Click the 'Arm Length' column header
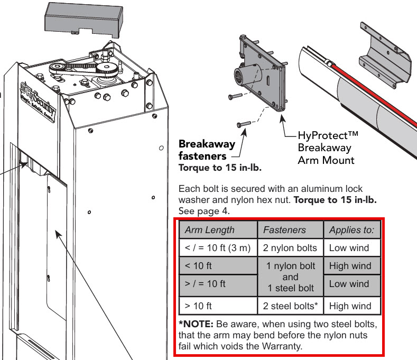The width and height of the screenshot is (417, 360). coord(210,230)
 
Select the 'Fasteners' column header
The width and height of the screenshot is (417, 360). coord(284,230)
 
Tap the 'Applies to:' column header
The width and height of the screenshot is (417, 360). coord(351,230)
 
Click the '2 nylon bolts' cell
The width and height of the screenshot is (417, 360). coord(290,247)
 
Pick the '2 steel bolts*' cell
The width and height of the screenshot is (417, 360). coord(290,306)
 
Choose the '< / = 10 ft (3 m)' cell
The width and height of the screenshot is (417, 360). coord(217,247)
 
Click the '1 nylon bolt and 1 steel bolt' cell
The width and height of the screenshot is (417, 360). coord(290,276)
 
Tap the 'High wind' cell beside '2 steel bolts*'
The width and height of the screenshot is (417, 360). coord(350,306)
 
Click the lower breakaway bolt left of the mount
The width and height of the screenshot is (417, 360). coord(243,124)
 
